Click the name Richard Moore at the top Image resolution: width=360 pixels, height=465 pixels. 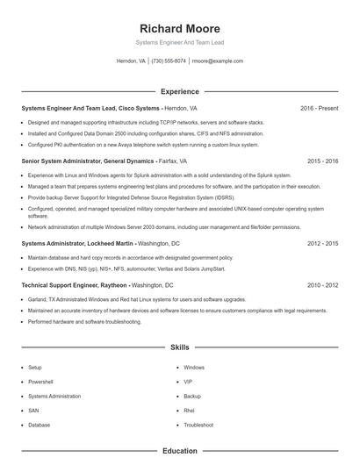(180, 29)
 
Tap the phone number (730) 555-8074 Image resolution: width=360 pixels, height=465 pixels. (169, 61)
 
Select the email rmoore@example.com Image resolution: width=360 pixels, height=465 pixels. (217, 61)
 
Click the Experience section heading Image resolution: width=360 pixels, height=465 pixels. (180, 91)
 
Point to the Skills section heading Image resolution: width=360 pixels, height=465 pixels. (180, 348)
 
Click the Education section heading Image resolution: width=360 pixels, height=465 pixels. (180, 451)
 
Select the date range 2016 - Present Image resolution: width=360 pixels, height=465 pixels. (319, 108)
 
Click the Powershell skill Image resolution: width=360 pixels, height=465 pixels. (40, 382)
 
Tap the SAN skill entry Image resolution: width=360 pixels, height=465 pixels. (33, 411)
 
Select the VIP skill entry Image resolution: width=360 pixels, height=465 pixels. (188, 382)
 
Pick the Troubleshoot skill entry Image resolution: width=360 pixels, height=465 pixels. (198, 425)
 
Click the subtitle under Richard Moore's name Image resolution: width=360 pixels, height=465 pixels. (180, 42)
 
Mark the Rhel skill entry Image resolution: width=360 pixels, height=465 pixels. (189, 411)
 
